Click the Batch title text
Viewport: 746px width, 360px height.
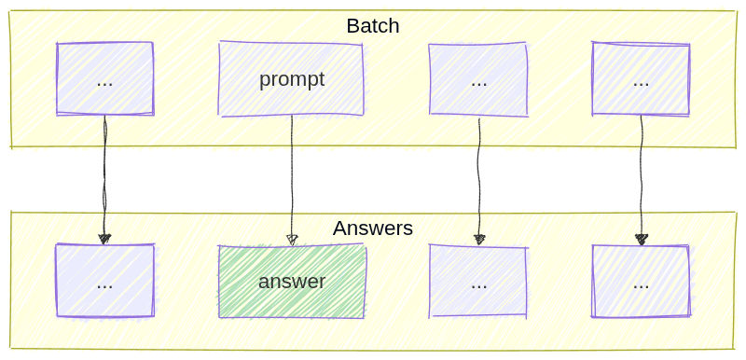click(373, 26)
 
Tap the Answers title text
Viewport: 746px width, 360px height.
click(373, 228)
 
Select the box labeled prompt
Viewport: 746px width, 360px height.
click(291, 79)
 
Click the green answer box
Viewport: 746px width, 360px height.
click(291, 281)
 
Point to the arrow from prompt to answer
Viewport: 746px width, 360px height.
click(292, 177)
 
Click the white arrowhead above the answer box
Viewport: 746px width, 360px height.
click(292, 240)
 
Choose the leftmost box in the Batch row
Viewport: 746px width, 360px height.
click(104, 78)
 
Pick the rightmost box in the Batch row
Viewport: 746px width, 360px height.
click(641, 79)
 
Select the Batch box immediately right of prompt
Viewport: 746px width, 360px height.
click(478, 79)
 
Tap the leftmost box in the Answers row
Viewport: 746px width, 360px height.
click(104, 281)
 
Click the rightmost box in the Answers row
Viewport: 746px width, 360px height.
click(642, 281)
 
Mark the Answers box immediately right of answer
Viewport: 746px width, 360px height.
click(478, 282)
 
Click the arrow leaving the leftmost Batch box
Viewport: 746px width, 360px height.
click(104, 177)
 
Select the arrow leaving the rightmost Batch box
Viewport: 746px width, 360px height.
click(642, 177)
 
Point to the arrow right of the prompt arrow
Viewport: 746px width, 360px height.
click(479, 177)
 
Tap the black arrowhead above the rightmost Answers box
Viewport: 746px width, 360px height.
click(642, 240)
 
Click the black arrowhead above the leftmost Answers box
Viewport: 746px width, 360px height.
click(104, 239)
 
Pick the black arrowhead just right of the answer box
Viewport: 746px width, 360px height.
click(479, 240)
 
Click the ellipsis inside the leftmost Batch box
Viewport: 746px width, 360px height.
click(104, 81)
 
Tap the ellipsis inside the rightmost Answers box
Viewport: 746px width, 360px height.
click(642, 284)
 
